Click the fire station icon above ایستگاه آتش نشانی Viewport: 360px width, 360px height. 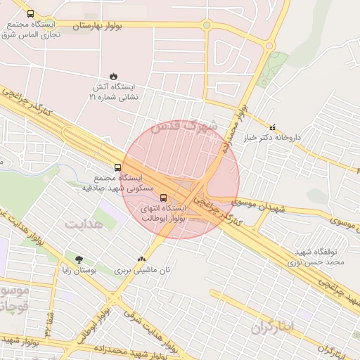pyautogui.click(x=113, y=75)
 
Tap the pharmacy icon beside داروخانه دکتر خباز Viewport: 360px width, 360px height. pyautogui.click(x=272, y=127)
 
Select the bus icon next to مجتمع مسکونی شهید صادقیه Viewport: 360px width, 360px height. pyautogui.click(x=117, y=168)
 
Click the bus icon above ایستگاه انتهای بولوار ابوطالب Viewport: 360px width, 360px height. pyautogui.click(x=164, y=198)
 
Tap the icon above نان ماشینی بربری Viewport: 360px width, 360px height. pyautogui.click(x=143, y=259)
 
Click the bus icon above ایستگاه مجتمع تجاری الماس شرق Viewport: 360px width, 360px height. pyautogui.click(x=30, y=13)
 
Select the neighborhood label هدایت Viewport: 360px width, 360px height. pyautogui.click(x=84, y=224)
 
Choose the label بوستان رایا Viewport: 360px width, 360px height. pyautogui.click(x=94, y=270)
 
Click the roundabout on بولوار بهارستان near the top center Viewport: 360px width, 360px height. pyautogui.click(x=206, y=25)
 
